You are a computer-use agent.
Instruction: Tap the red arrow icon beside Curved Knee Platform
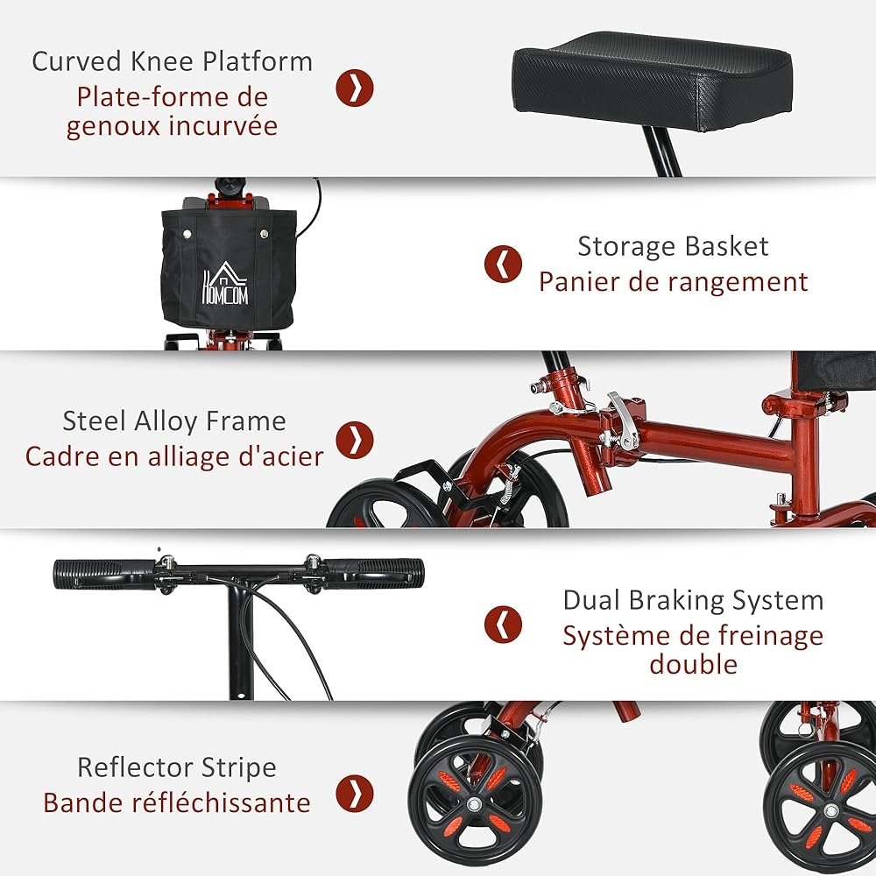pyautogui.click(x=355, y=88)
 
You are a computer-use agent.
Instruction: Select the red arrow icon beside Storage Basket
pyautogui.click(x=503, y=264)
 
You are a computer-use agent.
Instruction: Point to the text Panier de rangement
pyautogui.click(x=673, y=282)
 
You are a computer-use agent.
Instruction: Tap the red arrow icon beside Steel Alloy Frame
pyautogui.click(x=355, y=438)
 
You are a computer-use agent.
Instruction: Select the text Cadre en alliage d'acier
pyautogui.click(x=174, y=456)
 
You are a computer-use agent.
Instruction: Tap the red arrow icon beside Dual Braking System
pyautogui.click(x=503, y=624)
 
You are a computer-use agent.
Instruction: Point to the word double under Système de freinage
pyautogui.click(x=693, y=663)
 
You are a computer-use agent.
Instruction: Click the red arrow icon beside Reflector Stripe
pyautogui.click(x=355, y=793)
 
